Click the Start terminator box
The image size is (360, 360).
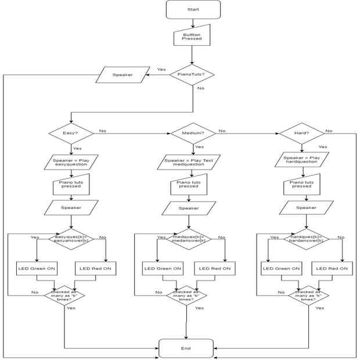click(193, 10)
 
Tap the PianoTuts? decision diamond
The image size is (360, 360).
click(191, 74)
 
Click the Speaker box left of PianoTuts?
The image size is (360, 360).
click(121, 74)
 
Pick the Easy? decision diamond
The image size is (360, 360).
click(70, 133)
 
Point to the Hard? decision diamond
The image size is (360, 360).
click(301, 133)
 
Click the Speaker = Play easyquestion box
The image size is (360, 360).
click(70, 162)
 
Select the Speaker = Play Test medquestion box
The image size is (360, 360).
click(189, 162)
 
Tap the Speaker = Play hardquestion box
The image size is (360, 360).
click(301, 160)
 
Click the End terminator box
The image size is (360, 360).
click(186, 348)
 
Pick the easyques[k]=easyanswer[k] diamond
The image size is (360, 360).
click(71, 239)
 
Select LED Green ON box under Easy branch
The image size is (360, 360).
click(37, 268)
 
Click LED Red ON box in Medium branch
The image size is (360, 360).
click(215, 268)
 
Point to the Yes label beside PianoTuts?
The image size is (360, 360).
click(161, 70)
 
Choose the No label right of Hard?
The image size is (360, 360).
click(329, 131)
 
